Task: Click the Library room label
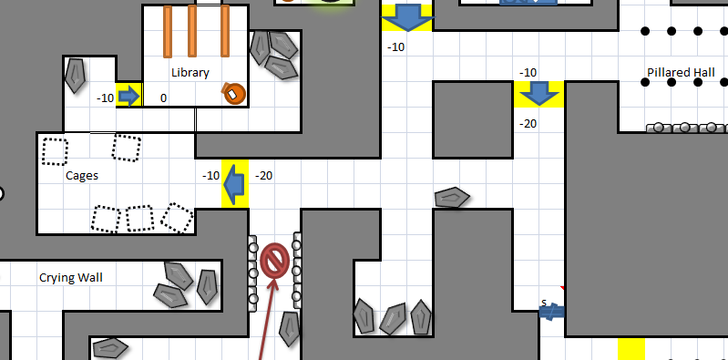(x=190, y=73)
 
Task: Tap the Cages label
(x=82, y=176)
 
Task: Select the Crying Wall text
(x=69, y=276)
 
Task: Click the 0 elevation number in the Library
(x=163, y=98)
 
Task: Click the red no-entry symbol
(x=274, y=260)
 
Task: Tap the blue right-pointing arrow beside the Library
(x=129, y=95)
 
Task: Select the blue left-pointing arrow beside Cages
(x=235, y=182)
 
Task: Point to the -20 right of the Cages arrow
(x=265, y=175)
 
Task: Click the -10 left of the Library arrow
(x=106, y=98)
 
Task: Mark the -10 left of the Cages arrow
(x=210, y=175)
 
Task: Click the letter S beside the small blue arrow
(x=544, y=303)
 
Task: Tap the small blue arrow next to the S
(x=552, y=312)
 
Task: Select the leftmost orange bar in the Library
(x=168, y=32)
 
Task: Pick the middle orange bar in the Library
(x=192, y=32)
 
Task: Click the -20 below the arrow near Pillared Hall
(x=528, y=123)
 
